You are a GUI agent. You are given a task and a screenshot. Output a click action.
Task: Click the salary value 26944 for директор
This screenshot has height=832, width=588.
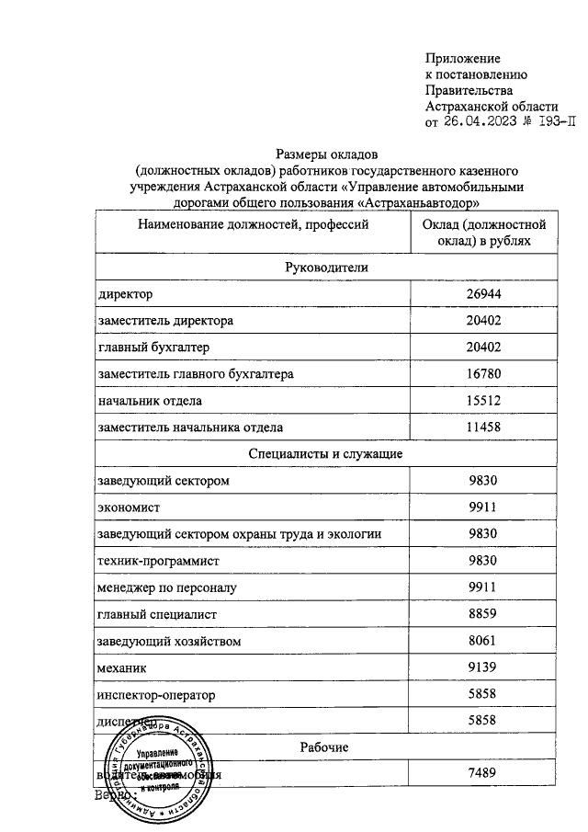click(x=483, y=294)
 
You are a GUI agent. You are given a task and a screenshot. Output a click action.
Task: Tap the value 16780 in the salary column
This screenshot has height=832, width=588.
click(x=483, y=374)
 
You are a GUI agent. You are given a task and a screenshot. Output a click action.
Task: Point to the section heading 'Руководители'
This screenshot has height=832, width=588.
click(x=327, y=267)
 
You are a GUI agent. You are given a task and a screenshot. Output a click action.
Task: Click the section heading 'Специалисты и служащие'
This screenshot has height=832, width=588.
click(x=327, y=454)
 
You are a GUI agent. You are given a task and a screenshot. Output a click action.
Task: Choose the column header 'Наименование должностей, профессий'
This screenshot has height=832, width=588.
click(x=247, y=223)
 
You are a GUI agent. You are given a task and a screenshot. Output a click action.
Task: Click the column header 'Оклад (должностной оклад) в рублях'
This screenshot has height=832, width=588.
click(x=483, y=233)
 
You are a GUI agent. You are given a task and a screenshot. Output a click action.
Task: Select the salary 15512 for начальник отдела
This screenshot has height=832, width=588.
click(x=483, y=401)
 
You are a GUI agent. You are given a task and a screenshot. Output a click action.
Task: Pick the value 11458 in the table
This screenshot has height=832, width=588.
click(x=483, y=427)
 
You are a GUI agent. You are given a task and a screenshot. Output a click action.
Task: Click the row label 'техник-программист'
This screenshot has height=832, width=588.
click(x=159, y=561)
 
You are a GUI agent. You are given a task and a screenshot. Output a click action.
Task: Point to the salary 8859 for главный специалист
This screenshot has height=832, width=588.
click(x=483, y=614)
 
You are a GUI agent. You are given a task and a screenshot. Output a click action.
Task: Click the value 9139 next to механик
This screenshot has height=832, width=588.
click(x=483, y=667)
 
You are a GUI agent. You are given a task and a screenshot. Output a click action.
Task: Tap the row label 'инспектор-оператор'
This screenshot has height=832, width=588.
click(x=155, y=695)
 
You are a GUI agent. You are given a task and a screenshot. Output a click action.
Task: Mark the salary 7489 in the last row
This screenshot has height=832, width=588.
click(x=483, y=774)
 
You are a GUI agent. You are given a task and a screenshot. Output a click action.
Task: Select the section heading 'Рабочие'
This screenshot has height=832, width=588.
click(x=327, y=747)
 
